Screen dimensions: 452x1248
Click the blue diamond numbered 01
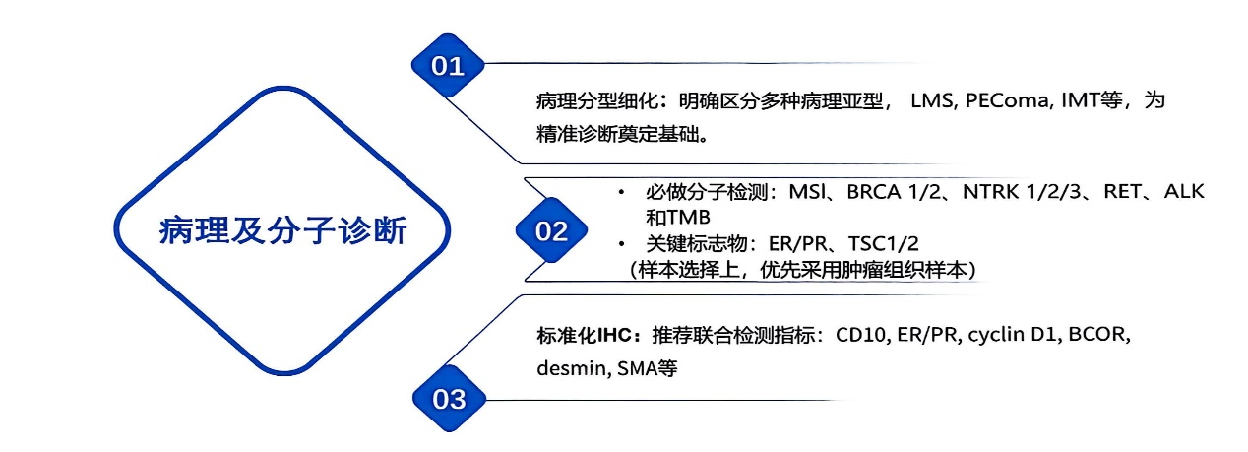[x=449, y=66]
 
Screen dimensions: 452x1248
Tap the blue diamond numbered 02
[x=551, y=231]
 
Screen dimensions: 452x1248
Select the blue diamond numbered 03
[x=449, y=398]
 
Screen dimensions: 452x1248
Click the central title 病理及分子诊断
[x=282, y=231]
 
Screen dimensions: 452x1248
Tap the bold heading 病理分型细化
[x=589, y=102]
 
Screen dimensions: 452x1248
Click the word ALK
[x=1184, y=191]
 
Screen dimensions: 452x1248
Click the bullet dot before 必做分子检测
[x=620, y=191]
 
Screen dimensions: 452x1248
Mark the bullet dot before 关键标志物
[x=620, y=242]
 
